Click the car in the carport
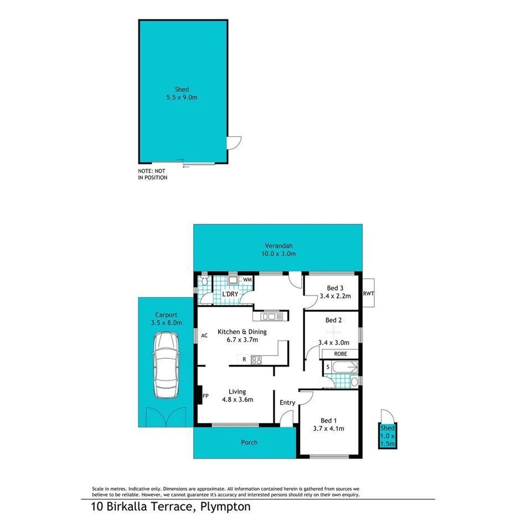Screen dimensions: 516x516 [166, 365]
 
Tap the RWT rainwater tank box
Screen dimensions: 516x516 [368, 293]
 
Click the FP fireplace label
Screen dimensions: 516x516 [205, 396]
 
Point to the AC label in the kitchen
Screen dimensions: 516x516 [204, 336]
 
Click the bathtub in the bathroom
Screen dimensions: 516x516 [344, 367]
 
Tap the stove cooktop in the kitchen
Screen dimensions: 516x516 [256, 360]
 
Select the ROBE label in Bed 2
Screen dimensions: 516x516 [340, 353]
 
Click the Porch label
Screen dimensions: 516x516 [249, 442]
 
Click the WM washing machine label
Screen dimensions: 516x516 [247, 280]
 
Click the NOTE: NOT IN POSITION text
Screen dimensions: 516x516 [153, 174]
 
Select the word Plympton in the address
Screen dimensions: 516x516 [226, 506]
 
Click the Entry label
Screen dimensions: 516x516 [287, 403]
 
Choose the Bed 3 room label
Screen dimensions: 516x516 [336, 287]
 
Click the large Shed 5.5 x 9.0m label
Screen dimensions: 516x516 [182, 93]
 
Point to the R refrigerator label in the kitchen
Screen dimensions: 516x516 [245, 360]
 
